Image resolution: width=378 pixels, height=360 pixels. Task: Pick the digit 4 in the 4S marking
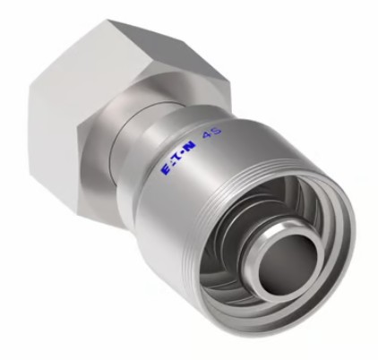pyautogui.click(x=207, y=135)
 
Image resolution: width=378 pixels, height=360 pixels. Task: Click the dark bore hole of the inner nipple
pyautogui.click(x=286, y=261)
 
